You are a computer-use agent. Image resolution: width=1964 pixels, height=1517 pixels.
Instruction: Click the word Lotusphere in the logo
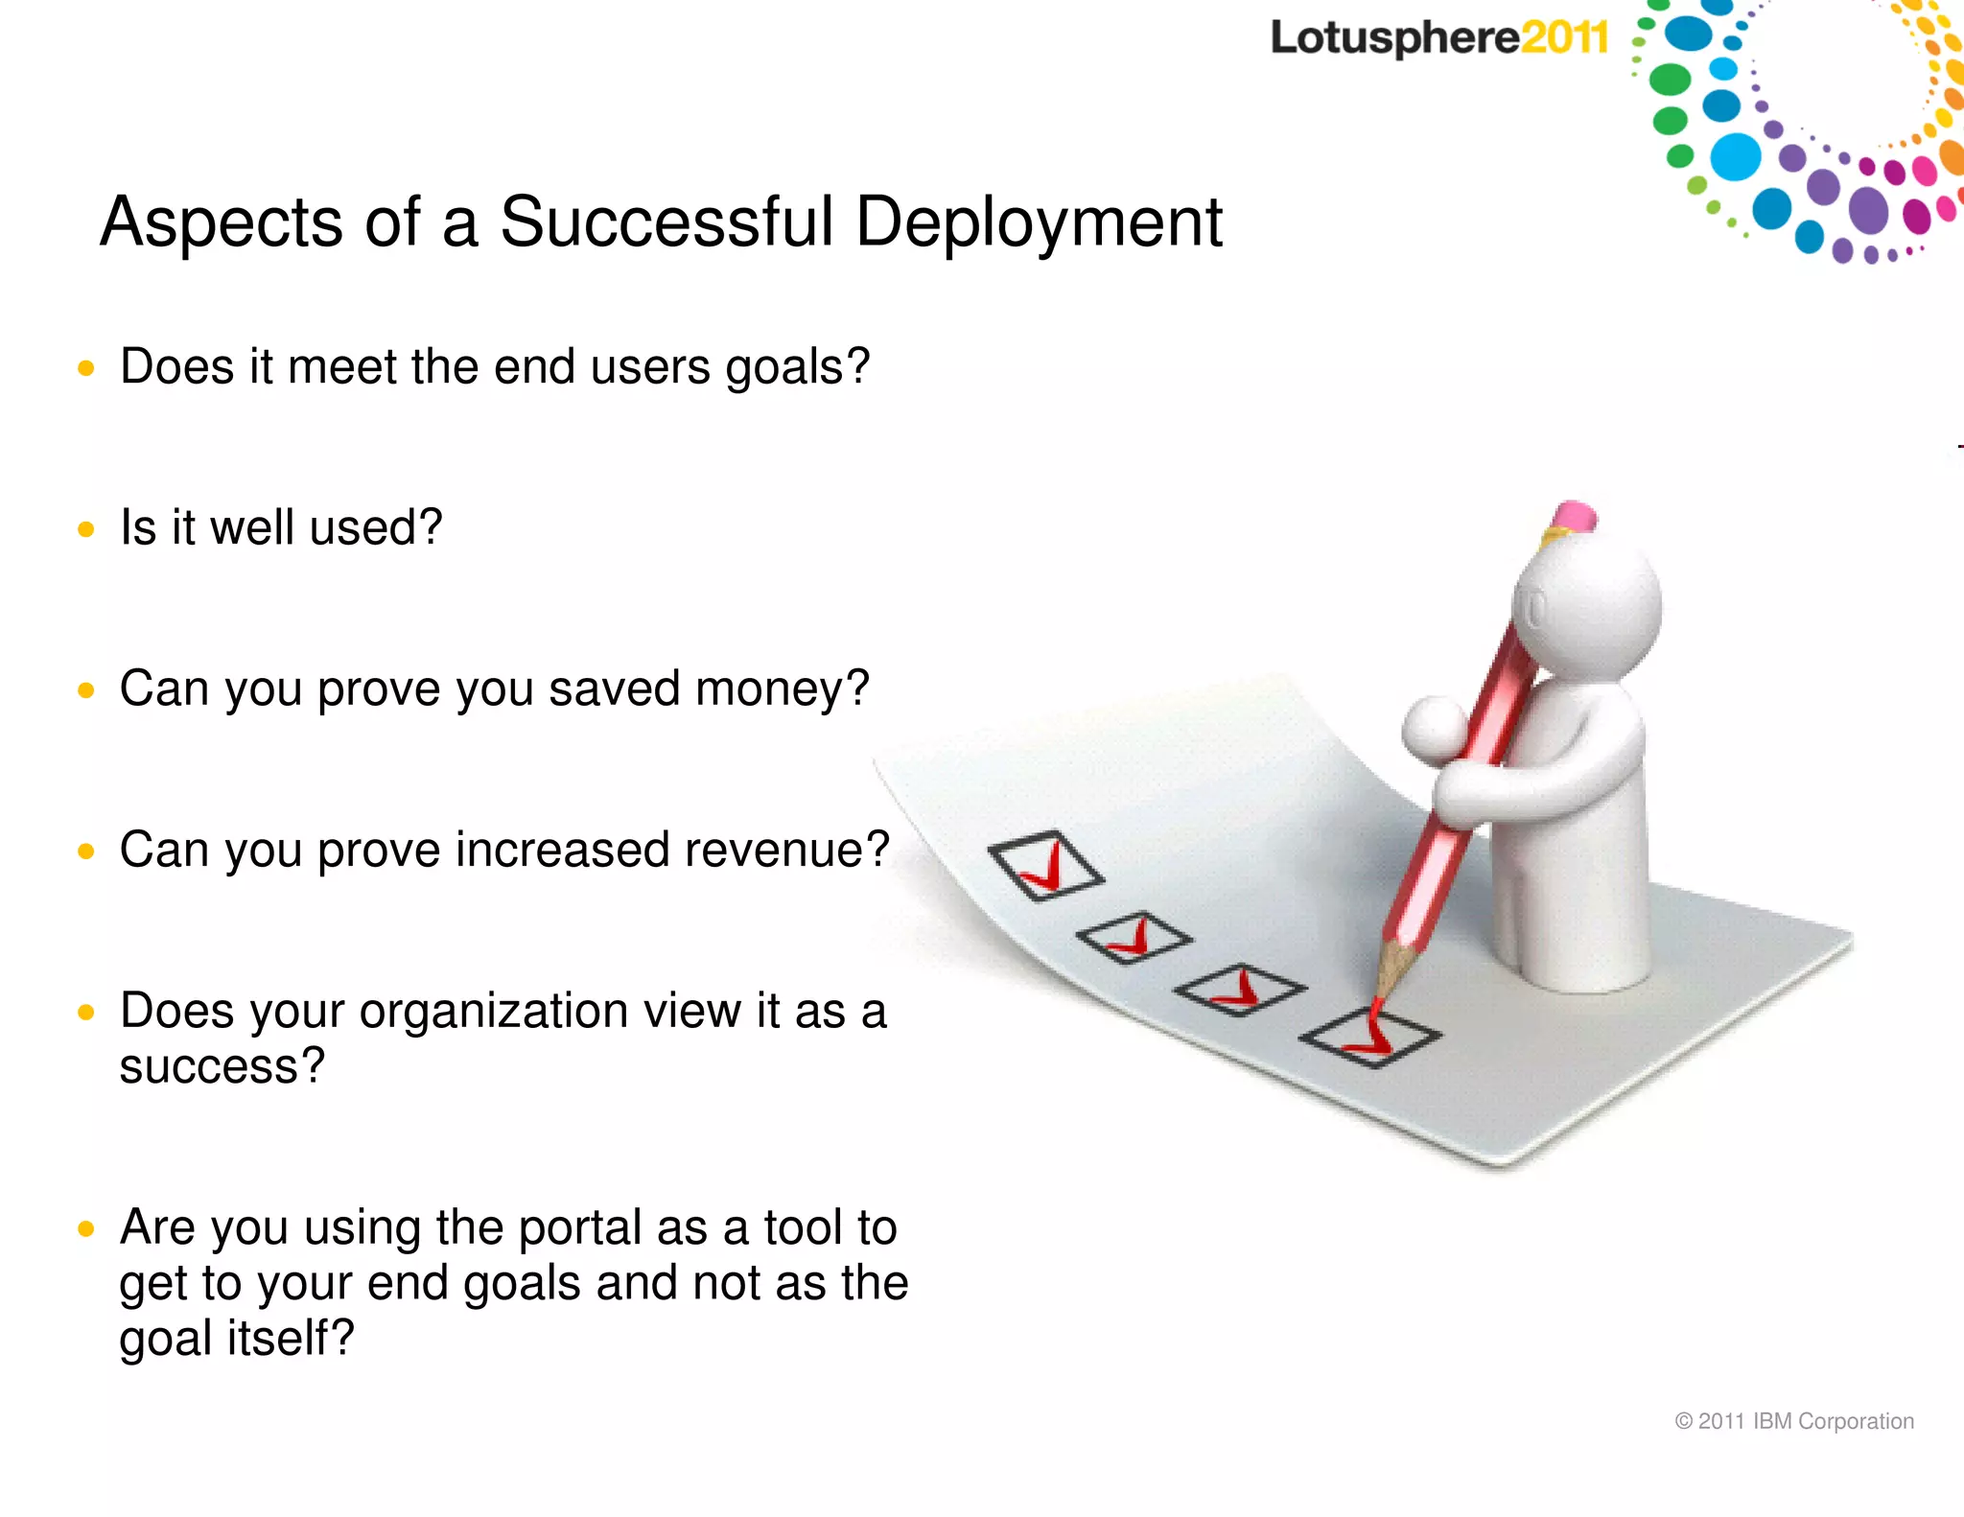click(x=1393, y=38)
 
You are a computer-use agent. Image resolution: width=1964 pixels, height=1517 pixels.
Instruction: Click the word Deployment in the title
click(x=1039, y=223)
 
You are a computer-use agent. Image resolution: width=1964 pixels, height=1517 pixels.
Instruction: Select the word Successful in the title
click(x=666, y=222)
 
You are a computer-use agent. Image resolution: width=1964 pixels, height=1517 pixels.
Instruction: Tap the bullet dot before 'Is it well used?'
click(x=86, y=529)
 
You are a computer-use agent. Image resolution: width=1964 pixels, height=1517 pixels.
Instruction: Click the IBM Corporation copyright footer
click(x=1793, y=1421)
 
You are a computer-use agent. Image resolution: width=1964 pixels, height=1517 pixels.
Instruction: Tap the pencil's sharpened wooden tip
click(x=1389, y=973)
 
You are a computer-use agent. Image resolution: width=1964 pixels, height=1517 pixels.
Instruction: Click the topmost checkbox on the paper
click(x=1045, y=866)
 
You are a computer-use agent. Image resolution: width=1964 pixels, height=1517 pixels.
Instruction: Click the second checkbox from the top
click(x=1134, y=938)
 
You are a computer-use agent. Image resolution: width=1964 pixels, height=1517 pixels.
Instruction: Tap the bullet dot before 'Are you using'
click(x=86, y=1229)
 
